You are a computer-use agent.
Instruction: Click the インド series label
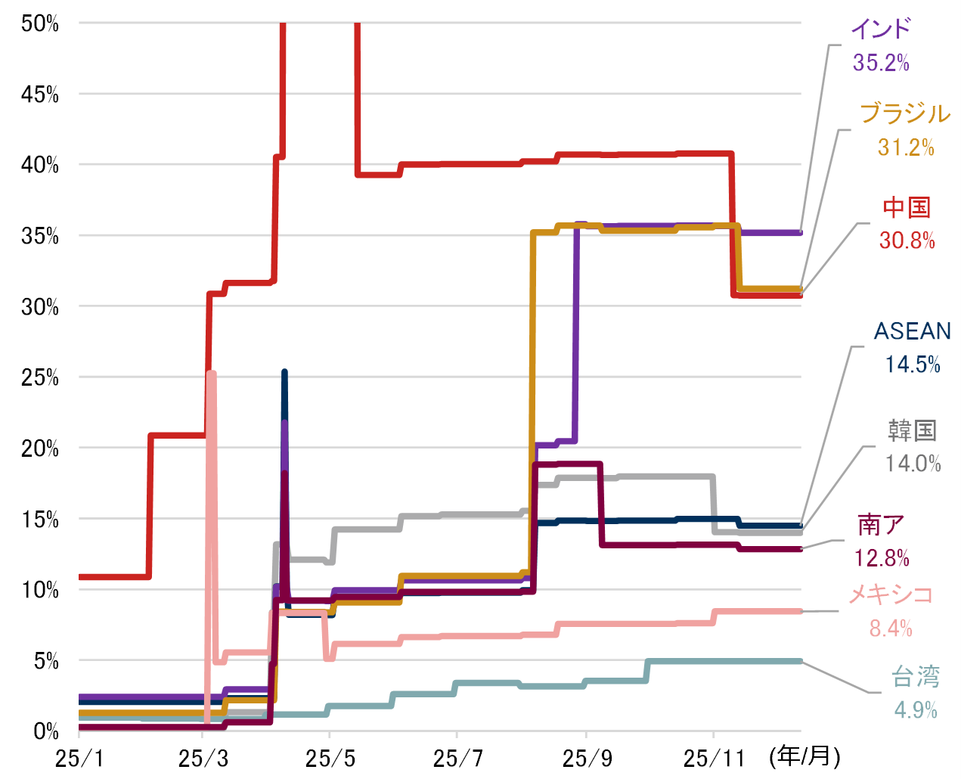click(x=881, y=29)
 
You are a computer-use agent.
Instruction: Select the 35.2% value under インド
click(x=881, y=62)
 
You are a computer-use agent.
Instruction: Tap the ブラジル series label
click(x=905, y=113)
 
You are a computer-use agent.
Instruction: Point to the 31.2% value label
click(x=906, y=147)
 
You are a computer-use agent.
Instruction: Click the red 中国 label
click(x=907, y=207)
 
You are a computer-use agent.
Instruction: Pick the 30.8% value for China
click(x=907, y=241)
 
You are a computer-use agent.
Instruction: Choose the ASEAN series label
click(x=912, y=331)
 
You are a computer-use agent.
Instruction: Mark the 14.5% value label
click(x=913, y=365)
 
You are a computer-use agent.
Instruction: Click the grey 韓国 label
click(x=913, y=430)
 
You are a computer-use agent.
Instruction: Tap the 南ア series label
click(x=881, y=525)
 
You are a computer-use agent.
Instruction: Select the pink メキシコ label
click(x=891, y=594)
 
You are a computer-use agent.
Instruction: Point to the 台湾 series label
click(x=916, y=677)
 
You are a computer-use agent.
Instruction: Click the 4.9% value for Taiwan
click(x=916, y=709)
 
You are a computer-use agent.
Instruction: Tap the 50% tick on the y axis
click(x=39, y=23)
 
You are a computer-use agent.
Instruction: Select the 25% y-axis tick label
click(x=39, y=377)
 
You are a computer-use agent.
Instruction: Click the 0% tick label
click(x=45, y=731)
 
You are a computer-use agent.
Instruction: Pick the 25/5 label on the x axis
click(x=330, y=758)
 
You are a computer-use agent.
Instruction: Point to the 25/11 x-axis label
click(x=714, y=758)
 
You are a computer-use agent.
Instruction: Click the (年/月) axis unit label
click(x=804, y=756)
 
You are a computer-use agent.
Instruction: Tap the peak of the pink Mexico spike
click(x=212, y=373)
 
